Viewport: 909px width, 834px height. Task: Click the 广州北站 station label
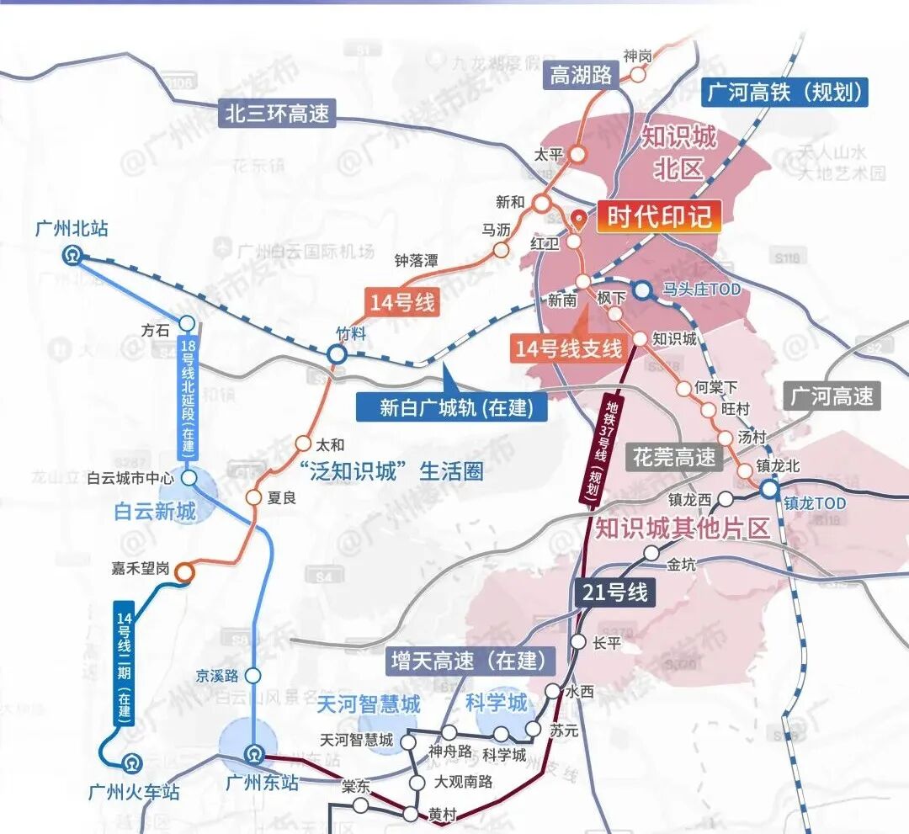pos(72,229)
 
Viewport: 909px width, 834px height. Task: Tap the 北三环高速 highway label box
pos(278,113)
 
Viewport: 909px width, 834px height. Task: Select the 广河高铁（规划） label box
pos(784,92)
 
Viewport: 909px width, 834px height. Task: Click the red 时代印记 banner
pos(659,218)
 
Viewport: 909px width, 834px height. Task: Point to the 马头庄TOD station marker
pos(642,290)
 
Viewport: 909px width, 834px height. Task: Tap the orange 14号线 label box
pos(402,302)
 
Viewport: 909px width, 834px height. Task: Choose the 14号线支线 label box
pos(570,347)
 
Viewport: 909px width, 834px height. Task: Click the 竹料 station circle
pos(337,354)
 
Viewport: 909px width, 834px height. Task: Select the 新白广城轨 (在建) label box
pos(451,407)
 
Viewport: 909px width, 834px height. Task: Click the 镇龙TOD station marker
pos(769,489)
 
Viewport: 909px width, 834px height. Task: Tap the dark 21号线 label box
pos(615,592)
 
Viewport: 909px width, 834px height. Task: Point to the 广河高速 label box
pos(832,396)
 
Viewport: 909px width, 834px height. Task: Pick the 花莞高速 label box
pos(675,457)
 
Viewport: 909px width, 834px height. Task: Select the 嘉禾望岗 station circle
pos(184,571)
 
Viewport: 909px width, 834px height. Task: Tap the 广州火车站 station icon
pos(130,765)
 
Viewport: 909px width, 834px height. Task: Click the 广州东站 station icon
pos(252,754)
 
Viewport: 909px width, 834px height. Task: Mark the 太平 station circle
pos(578,154)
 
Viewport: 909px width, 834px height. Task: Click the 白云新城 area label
pos(155,510)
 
